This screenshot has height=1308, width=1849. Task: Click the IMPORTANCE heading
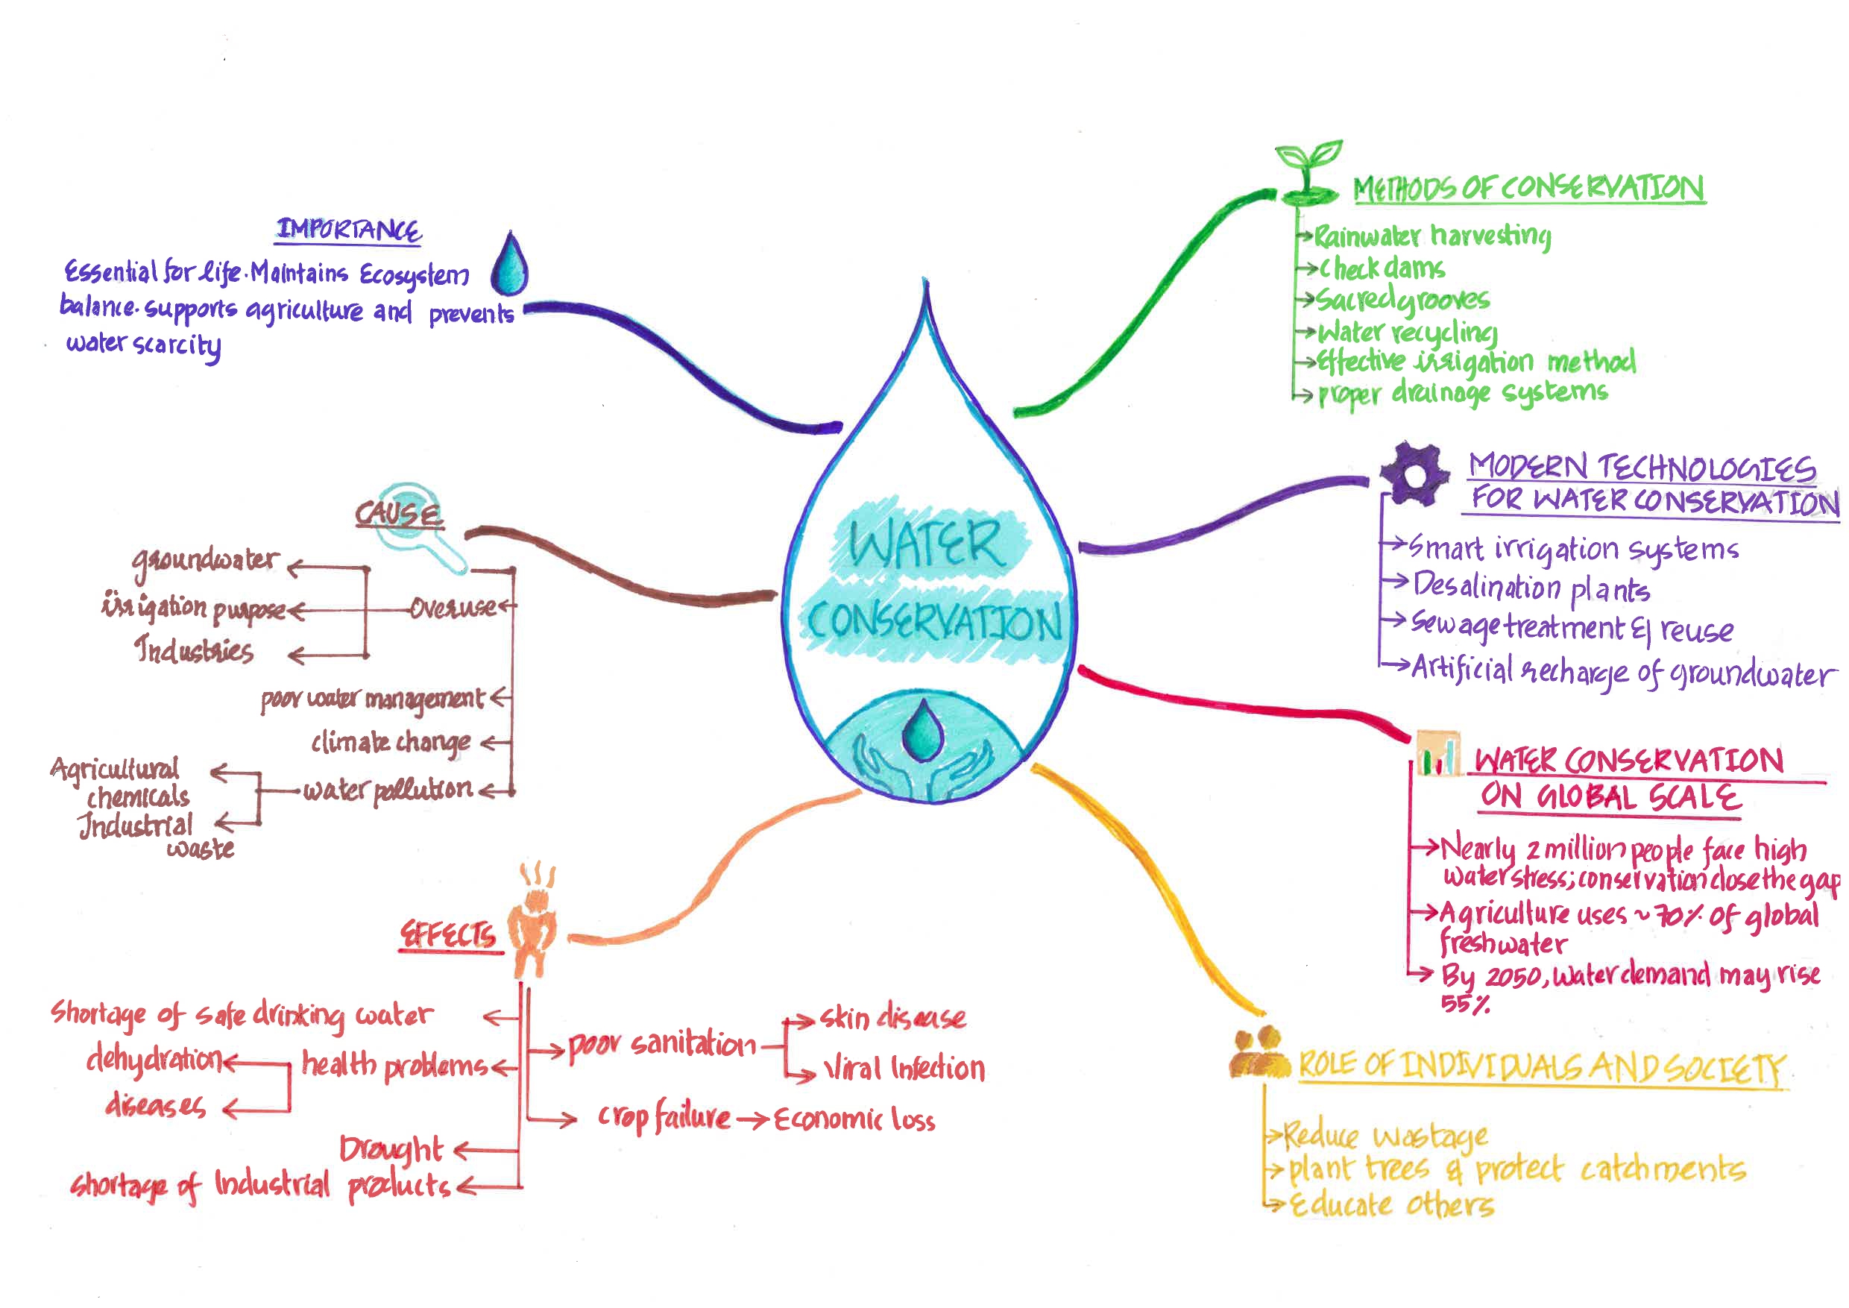349,230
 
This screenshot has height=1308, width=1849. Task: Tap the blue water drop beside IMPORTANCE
510,266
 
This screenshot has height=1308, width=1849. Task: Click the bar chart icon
1437,755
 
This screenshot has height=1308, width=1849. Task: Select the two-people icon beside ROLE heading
1259,1054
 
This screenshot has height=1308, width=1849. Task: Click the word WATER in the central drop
926,544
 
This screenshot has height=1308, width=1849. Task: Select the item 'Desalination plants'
1531,587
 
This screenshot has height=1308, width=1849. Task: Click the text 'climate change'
391,742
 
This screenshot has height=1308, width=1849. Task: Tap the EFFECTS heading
448,934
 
